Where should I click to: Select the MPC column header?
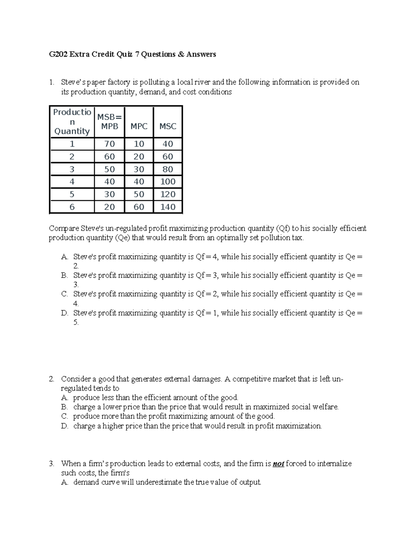coord(139,126)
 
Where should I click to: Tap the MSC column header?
coord(168,126)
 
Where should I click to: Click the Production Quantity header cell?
coord(72,122)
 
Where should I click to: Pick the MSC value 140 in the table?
coord(168,207)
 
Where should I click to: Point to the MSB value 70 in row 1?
coord(110,144)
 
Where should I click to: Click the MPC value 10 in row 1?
coord(139,144)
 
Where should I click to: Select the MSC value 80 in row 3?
coord(168,169)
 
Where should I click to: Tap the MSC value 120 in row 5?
coord(168,194)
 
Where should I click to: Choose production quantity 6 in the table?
coord(72,207)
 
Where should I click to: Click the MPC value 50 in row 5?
coord(139,194)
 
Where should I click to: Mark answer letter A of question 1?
coord(64,257)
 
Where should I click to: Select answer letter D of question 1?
coord(64,313)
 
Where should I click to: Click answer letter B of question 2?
coord(64,407)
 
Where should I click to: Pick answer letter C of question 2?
coord(64,416)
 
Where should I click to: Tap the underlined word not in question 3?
coord(278,464)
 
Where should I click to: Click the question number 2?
coord(51,379)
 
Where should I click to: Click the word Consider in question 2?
coord(76,379)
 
